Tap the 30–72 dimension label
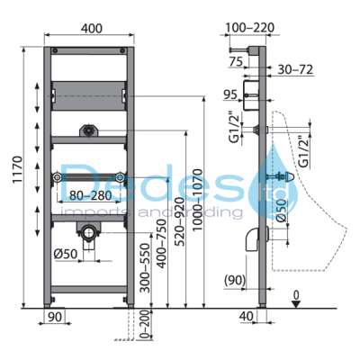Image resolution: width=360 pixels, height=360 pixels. point(293,69)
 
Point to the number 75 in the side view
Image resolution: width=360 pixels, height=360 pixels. point(237,62)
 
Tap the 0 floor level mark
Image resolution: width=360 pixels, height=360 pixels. point(296,293)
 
